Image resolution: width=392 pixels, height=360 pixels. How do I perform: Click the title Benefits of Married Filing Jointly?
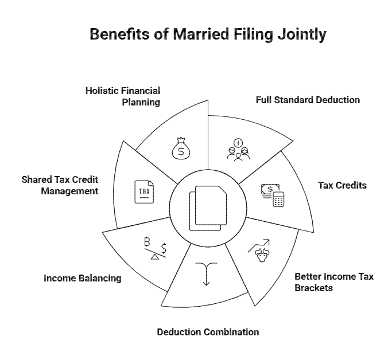(208, 35)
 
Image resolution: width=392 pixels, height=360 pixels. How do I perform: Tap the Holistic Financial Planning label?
(123, 96)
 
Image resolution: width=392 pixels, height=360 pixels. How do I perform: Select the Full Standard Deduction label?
(308, 100)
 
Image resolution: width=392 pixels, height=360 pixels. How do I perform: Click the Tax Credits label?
(342, 186)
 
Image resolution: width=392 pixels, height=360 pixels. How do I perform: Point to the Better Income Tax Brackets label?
(334, 282)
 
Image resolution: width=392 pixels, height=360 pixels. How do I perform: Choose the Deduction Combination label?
(208, 332)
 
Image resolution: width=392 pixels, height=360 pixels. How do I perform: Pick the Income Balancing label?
(83, 278)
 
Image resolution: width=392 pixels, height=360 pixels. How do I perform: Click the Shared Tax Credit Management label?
(60, 185)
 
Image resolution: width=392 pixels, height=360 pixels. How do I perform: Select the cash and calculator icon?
(273, 194)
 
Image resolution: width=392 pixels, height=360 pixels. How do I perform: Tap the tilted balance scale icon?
(154, 248)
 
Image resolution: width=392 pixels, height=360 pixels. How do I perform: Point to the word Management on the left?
(69, 191)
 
